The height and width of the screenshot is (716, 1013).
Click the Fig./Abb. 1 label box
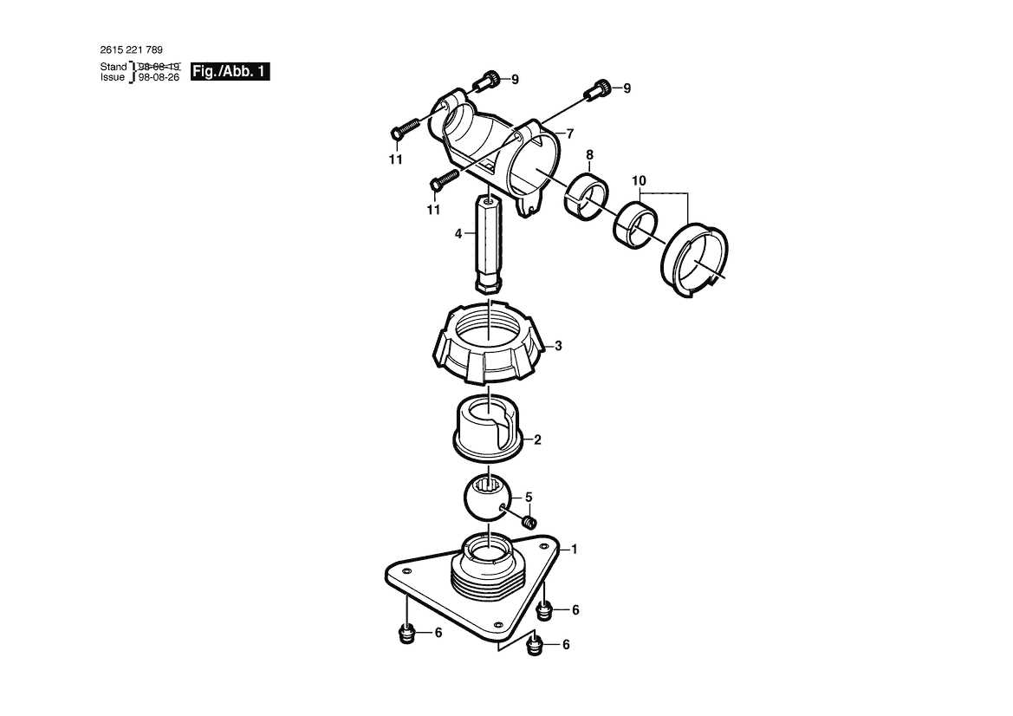(x=231, y=71)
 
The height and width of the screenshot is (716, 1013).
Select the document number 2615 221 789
(x=132, y=49)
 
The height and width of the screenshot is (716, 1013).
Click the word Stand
(x=114, y=66)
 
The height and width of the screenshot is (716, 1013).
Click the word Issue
(x=114, y=77)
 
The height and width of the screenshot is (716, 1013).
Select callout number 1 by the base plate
(x=574, y=549)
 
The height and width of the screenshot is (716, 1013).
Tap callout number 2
(x=537, y=440)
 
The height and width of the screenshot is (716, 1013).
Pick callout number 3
(x=558, y=346)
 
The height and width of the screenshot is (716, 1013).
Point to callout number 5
(x=529, y=498)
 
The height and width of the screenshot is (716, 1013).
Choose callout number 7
(x=570, y=134)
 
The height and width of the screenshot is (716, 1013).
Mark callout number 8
(x=589, y=155)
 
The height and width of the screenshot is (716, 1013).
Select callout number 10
(x=639, y=180)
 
